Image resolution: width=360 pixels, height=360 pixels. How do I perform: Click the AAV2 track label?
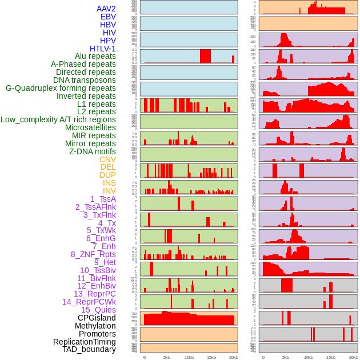coord(106,9)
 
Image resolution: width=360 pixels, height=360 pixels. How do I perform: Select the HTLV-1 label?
coord(102,49)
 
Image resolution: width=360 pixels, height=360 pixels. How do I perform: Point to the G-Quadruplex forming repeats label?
coord(61,89)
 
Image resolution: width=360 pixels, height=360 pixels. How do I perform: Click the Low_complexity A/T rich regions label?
coord(58,119)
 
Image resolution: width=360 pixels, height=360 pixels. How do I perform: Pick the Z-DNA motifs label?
coord(92,151)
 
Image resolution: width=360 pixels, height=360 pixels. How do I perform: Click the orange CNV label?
coord(107,159)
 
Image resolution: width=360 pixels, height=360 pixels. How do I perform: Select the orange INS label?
coord(109,183)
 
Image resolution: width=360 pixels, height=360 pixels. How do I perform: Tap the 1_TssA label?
coord(103,199)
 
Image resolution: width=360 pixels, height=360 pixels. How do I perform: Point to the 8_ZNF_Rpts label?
coord(93,254)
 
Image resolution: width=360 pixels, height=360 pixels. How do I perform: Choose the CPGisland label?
coord(97,318)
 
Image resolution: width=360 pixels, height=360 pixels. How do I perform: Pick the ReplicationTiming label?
coord(84,342)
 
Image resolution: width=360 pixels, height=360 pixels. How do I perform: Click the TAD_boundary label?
coord(89,349)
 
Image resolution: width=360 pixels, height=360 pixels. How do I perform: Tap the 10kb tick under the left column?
coord(189,357)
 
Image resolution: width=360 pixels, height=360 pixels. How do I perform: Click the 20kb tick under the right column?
coord(354,357)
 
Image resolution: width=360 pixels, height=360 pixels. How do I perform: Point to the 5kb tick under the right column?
coord(285,357)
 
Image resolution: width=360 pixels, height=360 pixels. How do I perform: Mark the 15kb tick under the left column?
coord(211,357)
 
